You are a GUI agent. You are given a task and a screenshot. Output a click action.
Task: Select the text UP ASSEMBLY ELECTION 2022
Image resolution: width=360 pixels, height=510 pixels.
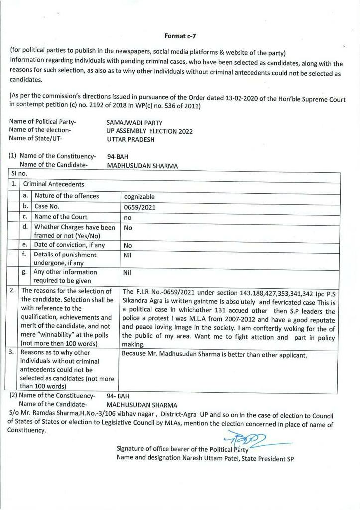(149, 131)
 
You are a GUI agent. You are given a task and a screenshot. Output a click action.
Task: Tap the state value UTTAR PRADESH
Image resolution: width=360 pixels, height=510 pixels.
(130, 140)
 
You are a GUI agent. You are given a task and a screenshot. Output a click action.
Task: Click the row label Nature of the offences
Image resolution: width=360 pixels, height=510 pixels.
(67, 196)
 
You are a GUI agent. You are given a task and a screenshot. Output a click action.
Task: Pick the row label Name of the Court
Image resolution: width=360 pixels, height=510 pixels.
(61, 217)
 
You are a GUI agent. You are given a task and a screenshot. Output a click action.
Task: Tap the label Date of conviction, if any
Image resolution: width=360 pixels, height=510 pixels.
(69, 245)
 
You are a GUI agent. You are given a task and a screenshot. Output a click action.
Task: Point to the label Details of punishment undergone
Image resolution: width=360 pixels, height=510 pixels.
(65, 258)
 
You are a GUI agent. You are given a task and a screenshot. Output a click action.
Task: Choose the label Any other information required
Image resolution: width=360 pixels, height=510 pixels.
(65, 276)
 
